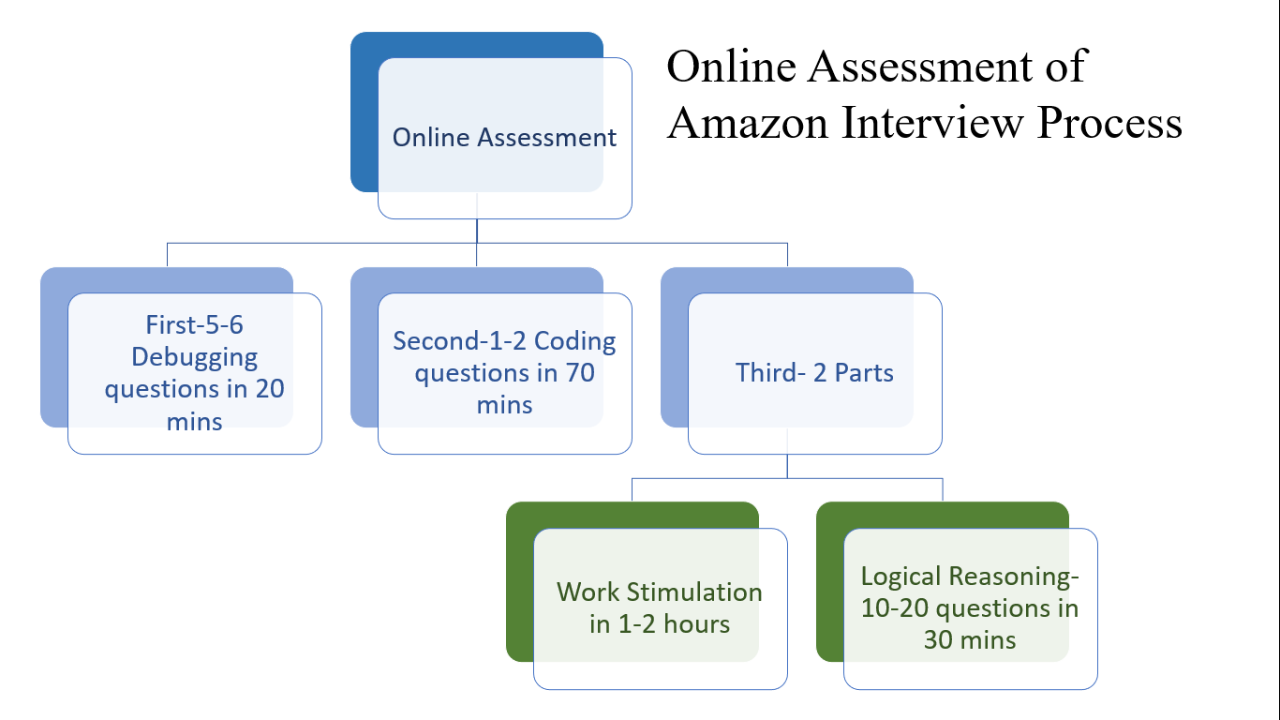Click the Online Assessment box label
click(504, 138)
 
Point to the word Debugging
click(194, 356)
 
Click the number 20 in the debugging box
click(270, 388)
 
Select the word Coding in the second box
click(574, 340)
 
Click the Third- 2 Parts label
click(814, 373)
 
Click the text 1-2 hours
click(659, 624)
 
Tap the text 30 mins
click(969, 640)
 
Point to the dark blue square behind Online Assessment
click(364, 112)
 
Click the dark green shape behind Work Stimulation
click(519, 581)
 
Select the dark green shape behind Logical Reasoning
click(829, 581)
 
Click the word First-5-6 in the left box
click(194, 324)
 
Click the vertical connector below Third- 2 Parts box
click(787, 466)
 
